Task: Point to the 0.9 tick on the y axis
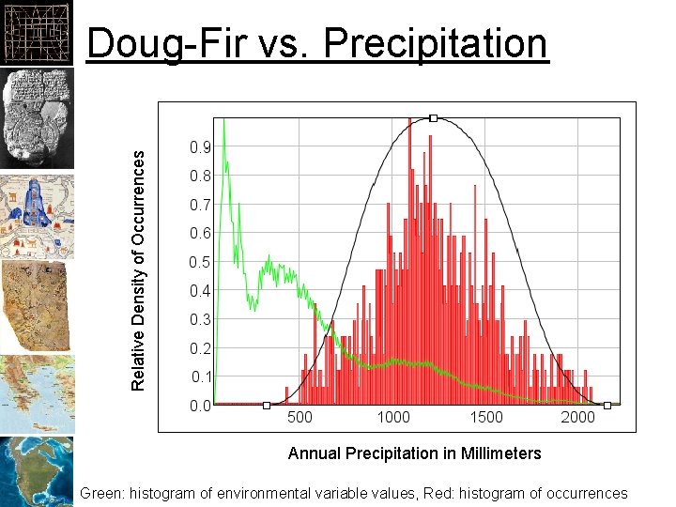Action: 200,147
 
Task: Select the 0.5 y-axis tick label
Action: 200,263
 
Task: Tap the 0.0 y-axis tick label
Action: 200,407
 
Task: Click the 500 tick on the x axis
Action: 300,418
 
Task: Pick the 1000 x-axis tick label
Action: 392,418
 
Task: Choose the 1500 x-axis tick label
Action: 485,418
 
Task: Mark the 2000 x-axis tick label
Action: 578,418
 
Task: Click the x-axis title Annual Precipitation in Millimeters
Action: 414,453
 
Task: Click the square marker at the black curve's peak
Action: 433,118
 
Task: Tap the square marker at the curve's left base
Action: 267,406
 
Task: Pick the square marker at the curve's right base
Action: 607,406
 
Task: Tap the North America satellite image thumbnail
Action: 36,471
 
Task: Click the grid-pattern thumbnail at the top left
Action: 36,31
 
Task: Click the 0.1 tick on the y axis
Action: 200,377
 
